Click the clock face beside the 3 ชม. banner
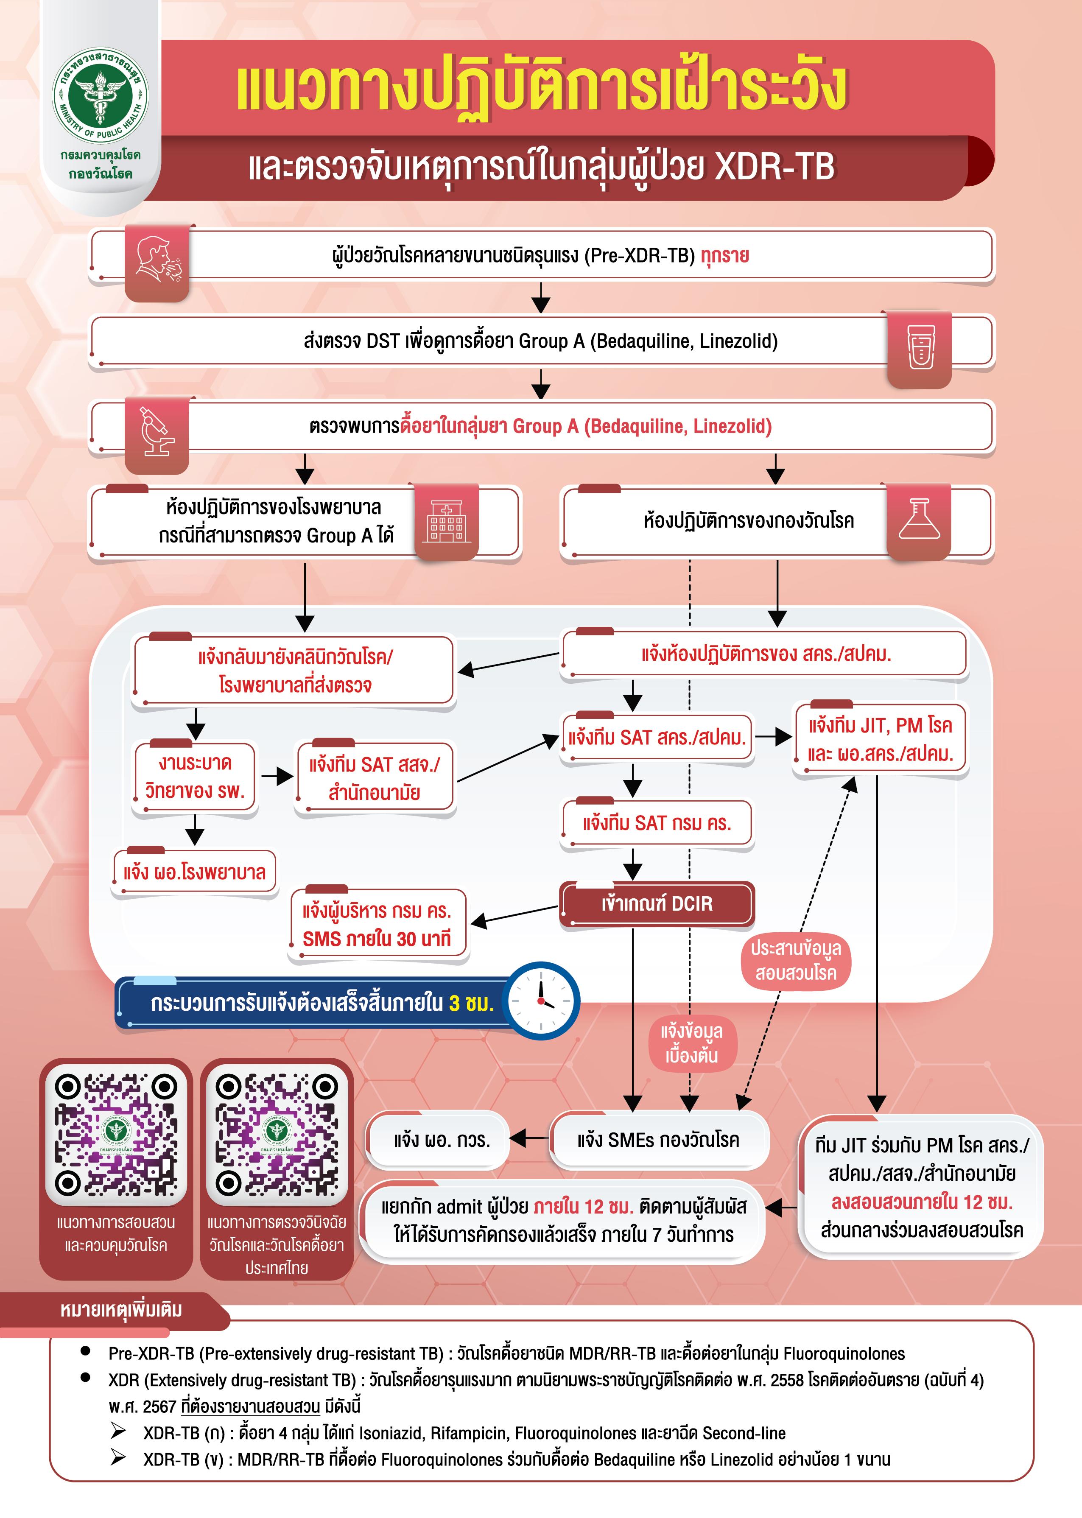[x=541, y=1001]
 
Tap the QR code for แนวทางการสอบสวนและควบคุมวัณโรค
[x=116, y=1134]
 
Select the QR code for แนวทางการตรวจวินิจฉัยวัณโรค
[x=277, y=1134]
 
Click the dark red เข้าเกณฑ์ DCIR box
[x=657, y=904]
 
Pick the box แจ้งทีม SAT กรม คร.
[x=657, y=823]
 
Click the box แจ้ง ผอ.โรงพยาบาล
[x=195, y=872]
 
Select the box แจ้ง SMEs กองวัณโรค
[x=658, y=1140]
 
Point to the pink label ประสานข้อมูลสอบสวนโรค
[x=796, y=961]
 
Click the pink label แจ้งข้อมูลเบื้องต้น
[x=692, y=1043]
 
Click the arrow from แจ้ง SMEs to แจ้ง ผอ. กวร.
[x=530, y=1138]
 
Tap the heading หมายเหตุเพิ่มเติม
[x=121, y=1309]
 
